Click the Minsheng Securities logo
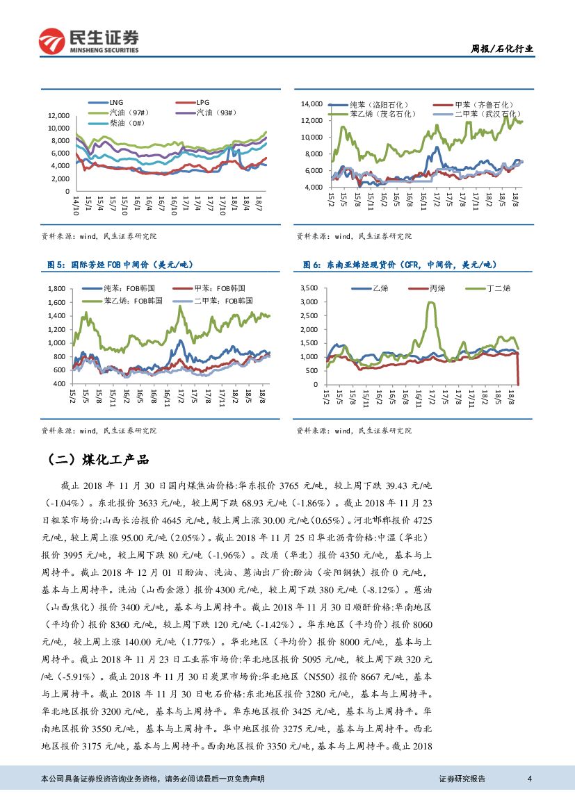point(89,41)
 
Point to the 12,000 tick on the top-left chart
point(58,115)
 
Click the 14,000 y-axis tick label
point(311,103)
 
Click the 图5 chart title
point(120,265)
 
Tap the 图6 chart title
point(400,265)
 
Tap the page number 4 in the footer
point(530,779)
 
